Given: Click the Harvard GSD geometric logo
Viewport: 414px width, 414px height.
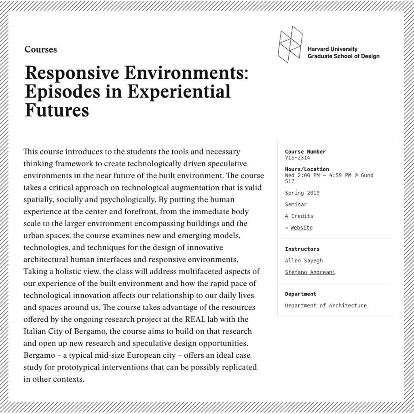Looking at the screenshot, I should (290, 44).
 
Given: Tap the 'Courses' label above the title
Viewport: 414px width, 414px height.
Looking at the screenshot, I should (40, 49).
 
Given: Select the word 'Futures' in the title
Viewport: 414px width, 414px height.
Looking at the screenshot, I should (57, 110).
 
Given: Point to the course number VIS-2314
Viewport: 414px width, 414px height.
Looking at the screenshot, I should (297, 158).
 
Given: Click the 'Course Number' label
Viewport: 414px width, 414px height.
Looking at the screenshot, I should (305, 152).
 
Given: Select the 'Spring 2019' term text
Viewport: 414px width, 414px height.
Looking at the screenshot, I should (302, 193).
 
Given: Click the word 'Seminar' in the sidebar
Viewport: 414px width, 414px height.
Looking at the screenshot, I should (296, 204).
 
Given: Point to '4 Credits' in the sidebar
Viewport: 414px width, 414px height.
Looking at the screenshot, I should (299, 216).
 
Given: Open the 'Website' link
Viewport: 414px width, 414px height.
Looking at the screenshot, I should (301, 228).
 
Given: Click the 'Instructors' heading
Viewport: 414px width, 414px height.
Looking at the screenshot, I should (302, 249).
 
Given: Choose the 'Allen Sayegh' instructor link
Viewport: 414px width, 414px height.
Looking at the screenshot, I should (304, 261).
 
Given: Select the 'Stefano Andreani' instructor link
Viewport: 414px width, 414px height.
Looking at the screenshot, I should (310, 272).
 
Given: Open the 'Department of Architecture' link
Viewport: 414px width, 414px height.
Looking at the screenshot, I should (325, 305).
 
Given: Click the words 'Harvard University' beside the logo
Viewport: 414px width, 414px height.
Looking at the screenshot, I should (332, 49).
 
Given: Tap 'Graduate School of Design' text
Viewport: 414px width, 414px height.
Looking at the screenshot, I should (343, 56).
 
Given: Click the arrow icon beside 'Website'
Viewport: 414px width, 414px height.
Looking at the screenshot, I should (286, 228).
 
